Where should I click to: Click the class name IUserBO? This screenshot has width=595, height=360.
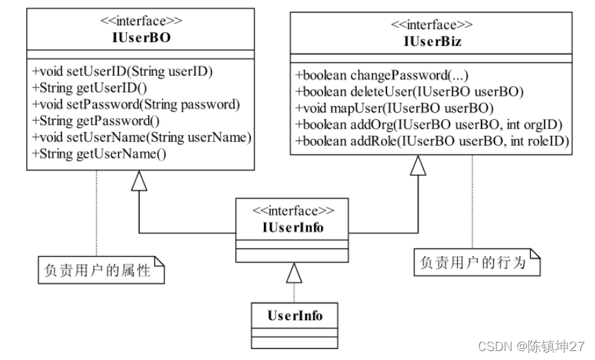pyautogui.click(x=141, y=38)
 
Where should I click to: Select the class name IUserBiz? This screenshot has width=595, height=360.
pyautogui.click(x=432, y=41)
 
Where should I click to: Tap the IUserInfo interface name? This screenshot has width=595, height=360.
pyautogui.click(x=293, y=228)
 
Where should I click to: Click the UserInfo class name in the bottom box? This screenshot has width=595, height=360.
pyautogui.click(x=295, y=316)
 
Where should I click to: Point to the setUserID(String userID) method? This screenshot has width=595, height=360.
pyautogui.click(x=122, y=72)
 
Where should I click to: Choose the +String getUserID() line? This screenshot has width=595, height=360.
pyautogui.click(x=90, y=87)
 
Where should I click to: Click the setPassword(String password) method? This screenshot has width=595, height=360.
pyautogui.click(x=136, y=105)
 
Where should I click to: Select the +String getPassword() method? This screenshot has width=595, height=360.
pyautogui.click(x=96, y=120)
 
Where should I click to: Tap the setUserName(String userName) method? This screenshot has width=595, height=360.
pyautogui.click(x=142, y=137)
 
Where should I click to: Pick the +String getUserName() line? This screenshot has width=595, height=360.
pyautogui.click(x=99, y=153)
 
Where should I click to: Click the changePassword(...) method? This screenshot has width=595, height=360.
pyautogui.click(x=382, y=75)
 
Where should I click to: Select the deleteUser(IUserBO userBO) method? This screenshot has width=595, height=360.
pyautogui.click(x=410, y=92)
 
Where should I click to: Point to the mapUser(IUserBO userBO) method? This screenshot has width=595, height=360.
pyautogui.click(x=395, y=108)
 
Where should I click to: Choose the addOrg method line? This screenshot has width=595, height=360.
pyautogui.click(x=429, y=125)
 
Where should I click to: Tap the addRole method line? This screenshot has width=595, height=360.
pyautogui.click(x=432, y=141)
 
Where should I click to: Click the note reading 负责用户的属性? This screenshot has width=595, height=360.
pyautogui.click(x=101, y=270)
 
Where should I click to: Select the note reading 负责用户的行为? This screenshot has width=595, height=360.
pyautogui.click(x=477, y=262)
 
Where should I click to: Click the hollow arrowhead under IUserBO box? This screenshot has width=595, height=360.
pyautogui.click(x=139, y=180)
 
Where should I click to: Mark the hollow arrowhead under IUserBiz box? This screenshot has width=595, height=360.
pyautogui.click(x=418, y=165)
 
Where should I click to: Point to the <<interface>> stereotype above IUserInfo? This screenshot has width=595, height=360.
pyautogui.click(x=293, y=211)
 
